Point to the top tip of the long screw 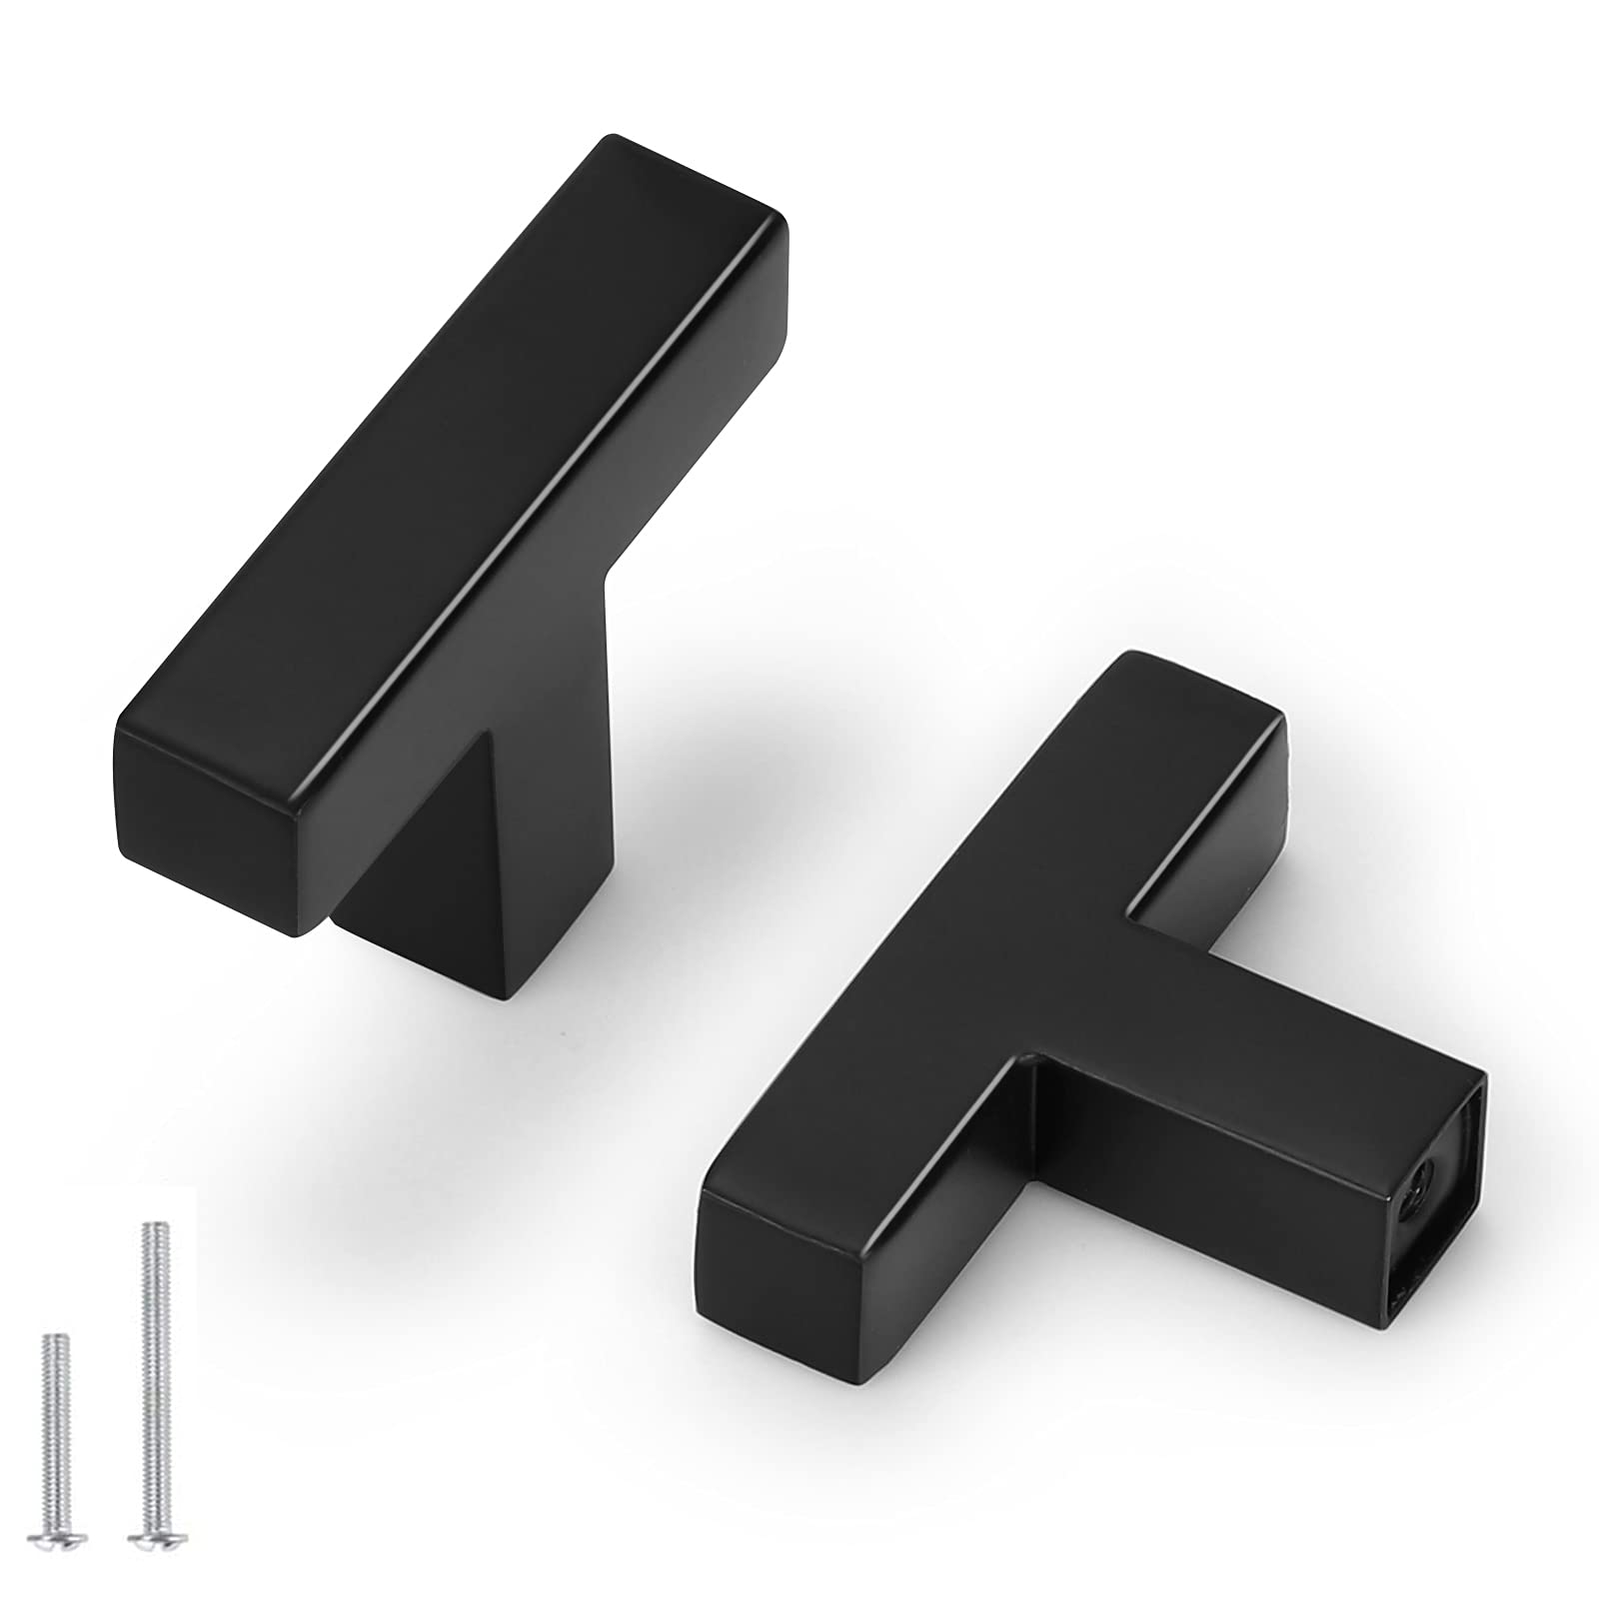coord(152,1226)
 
